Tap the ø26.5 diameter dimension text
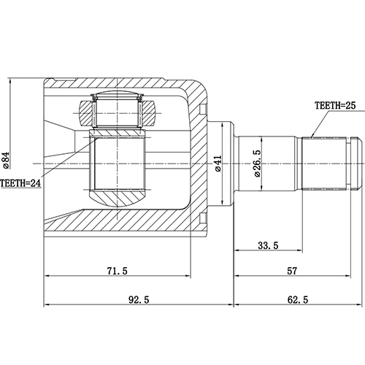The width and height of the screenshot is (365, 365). click(x=257, y=163)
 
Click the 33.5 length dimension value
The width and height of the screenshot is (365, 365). click(x=268, y=246)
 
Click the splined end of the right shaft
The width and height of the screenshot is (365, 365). click(x=325, y=161)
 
